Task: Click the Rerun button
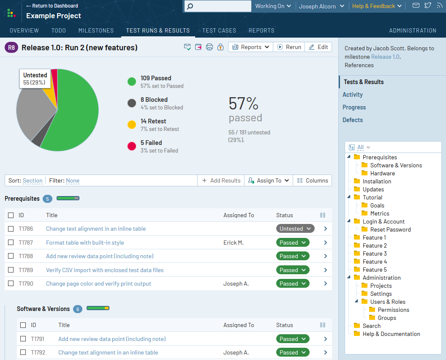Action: (x=289, y=47)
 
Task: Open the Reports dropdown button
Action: (x=251, y=47)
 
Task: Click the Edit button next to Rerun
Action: (x=318, y=47)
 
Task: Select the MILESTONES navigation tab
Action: (x=96, y=30)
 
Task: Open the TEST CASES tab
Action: (x=219, y=30)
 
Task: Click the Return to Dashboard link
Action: (x=52, y=6)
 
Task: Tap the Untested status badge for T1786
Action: (x=295, y=229)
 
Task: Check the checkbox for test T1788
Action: (x=11, y=256)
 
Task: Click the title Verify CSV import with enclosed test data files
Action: (x=105, y=270)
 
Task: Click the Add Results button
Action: (x=221, y=180)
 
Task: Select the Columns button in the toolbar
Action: (x=313, y=180)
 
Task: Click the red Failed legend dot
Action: (x=132, y=147)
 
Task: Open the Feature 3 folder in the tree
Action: (x=375, y=254)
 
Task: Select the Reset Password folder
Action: (x=390, y=229)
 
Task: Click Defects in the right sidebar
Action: (x=353, y=120)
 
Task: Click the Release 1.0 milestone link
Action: (x=385, y=57)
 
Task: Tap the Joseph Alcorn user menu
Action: (x=321, y=6)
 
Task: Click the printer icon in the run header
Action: (x=209, y=47)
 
